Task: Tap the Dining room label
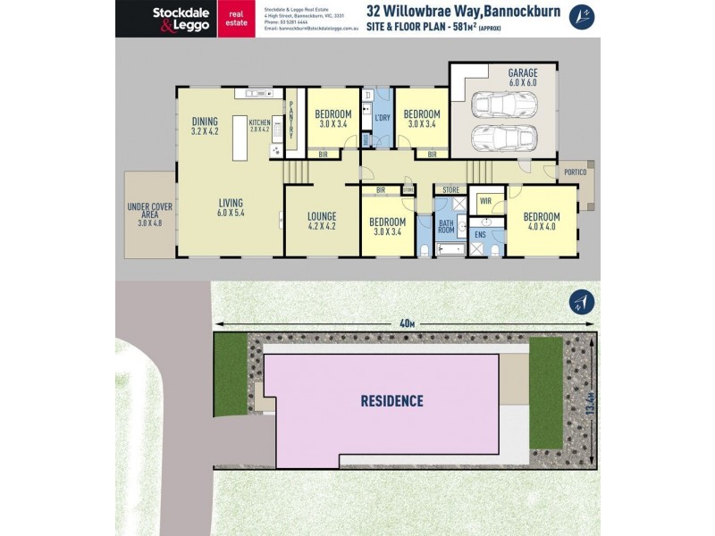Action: click(x=205, y=126)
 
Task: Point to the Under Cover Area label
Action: click(x=149, y=215)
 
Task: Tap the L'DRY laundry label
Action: click(x=382, y=118)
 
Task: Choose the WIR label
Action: click(x=484, y=200)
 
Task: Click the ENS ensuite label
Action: click(x=480, y=235)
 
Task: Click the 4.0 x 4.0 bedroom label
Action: click(x=542, y=222)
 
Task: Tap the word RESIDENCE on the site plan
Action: click(x=391, y=401)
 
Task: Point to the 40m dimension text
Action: click(x=408, y=323)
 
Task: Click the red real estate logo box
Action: click(x=236, y=18)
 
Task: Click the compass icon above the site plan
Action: click(x=581, y=304)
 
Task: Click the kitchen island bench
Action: click(x=240, y=138)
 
